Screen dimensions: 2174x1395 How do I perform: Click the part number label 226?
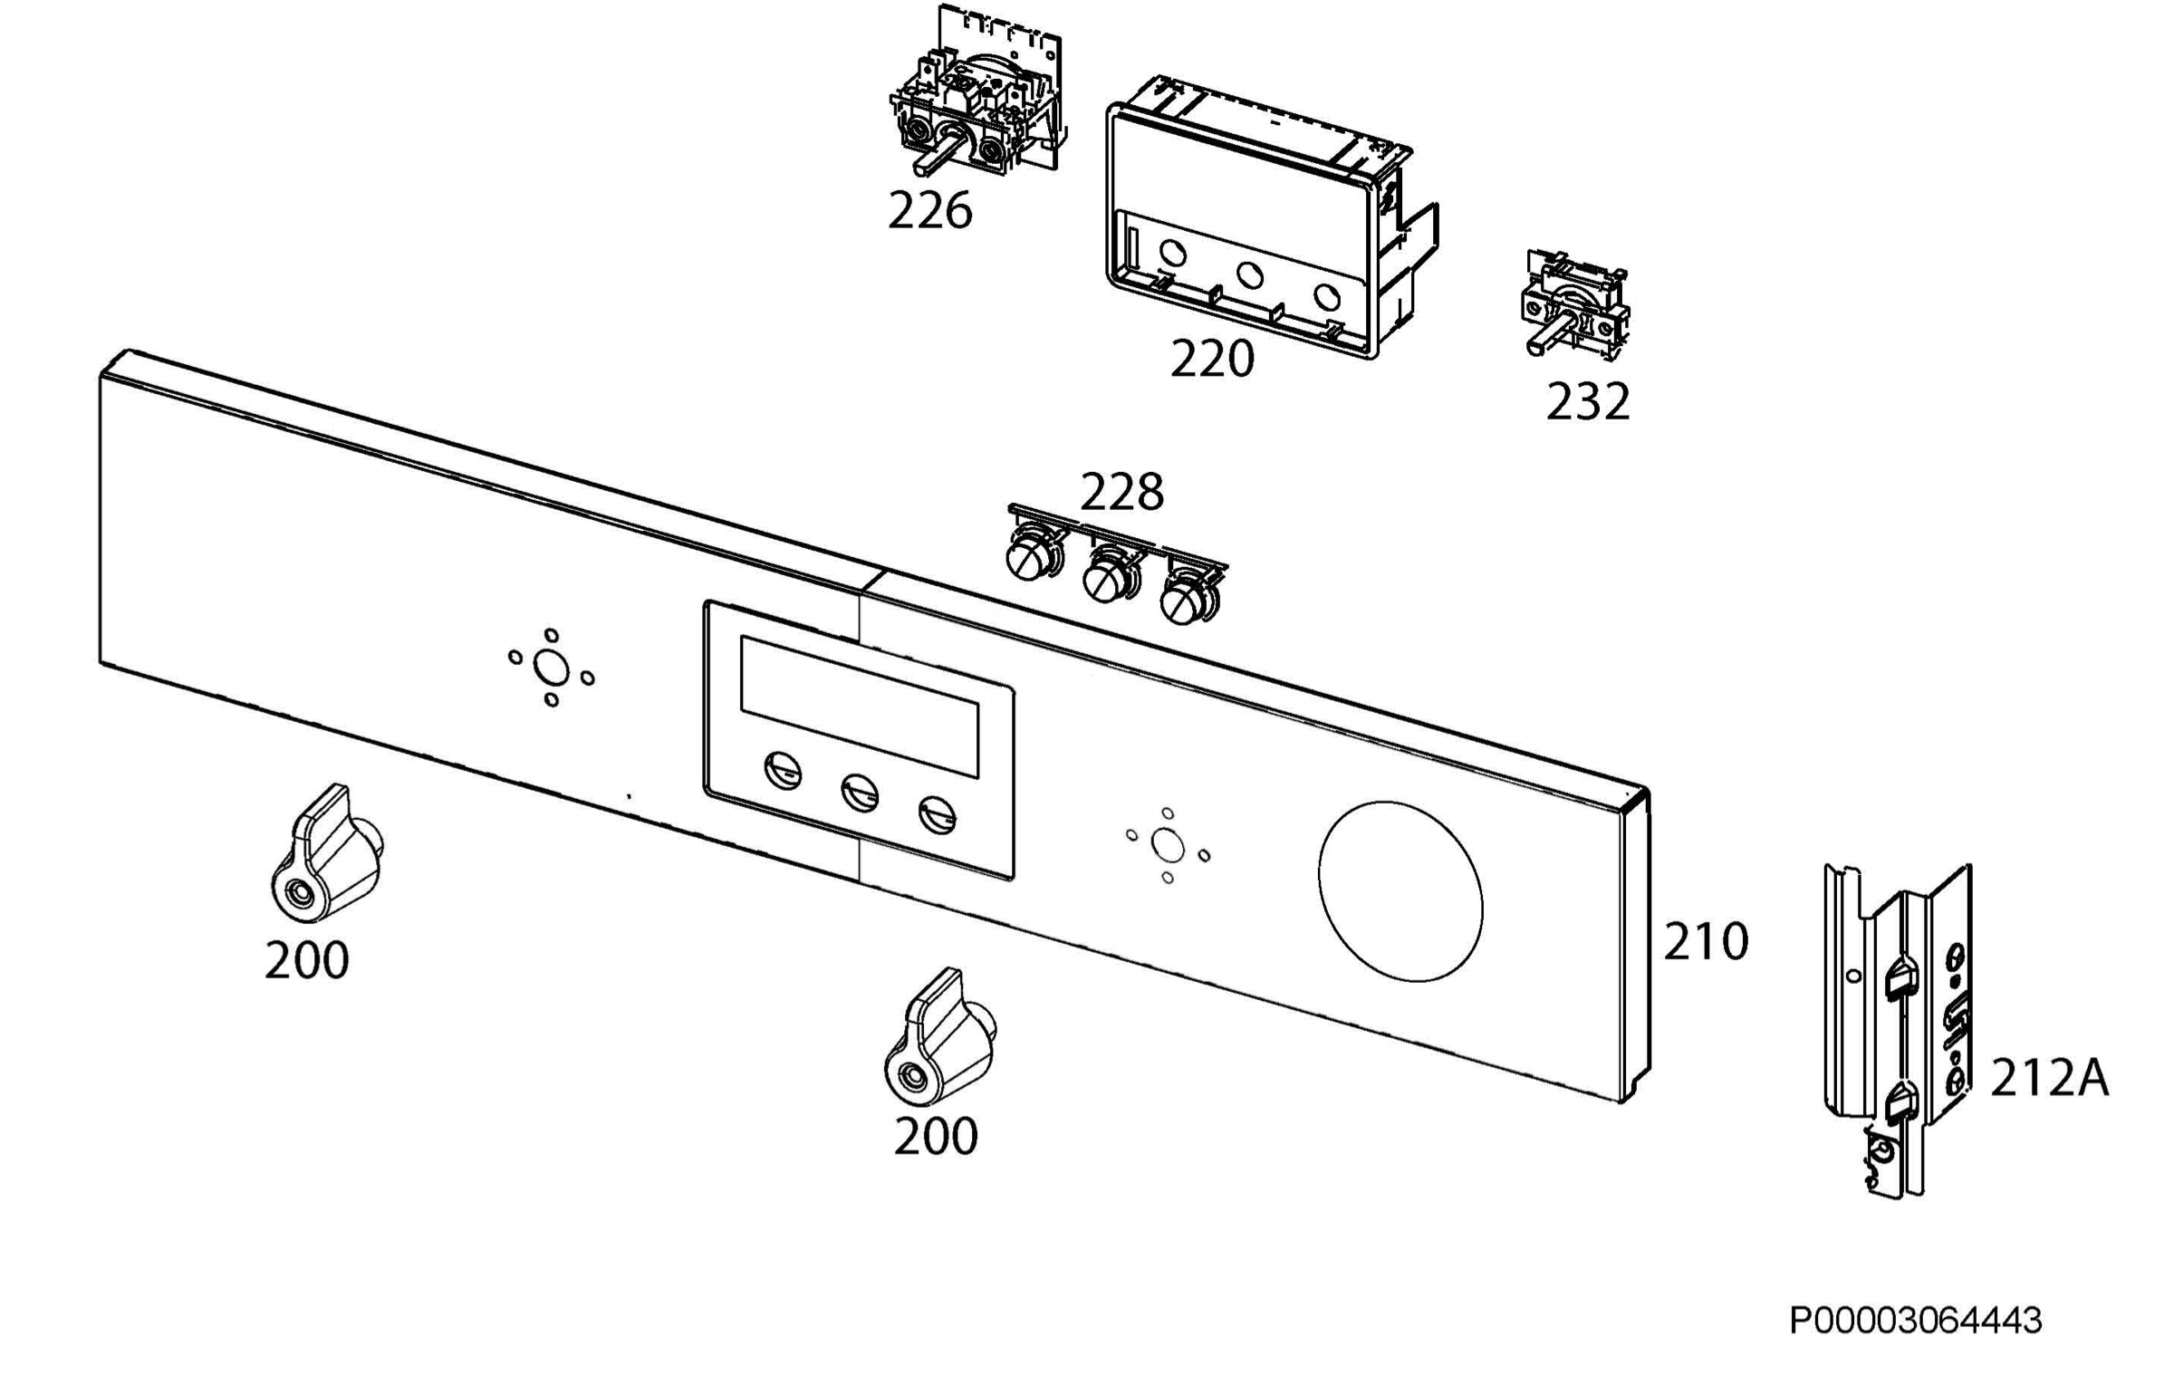point(929,210)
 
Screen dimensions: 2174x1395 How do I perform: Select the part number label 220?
point(1212,359)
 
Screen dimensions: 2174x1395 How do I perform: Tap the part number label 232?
point(1587,401)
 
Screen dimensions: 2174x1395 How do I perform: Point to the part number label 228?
point(1121,493)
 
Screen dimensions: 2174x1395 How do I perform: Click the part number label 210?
point(1706,941)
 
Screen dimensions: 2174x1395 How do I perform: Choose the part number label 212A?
point(2049,1079)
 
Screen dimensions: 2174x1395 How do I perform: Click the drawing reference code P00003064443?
point(1916,1320)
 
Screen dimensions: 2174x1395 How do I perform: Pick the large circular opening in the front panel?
point(1400,891)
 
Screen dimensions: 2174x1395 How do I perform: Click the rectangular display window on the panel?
point(860,707)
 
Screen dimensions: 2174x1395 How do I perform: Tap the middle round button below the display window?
point(860,793)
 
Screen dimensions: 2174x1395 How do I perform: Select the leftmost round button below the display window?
point(784,771)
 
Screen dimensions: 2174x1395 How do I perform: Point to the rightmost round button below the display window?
point(937,814)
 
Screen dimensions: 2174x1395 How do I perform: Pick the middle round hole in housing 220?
point(1250,274)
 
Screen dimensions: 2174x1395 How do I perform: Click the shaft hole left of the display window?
point(551,669)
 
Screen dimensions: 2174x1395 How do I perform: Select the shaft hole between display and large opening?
point(1168,846)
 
